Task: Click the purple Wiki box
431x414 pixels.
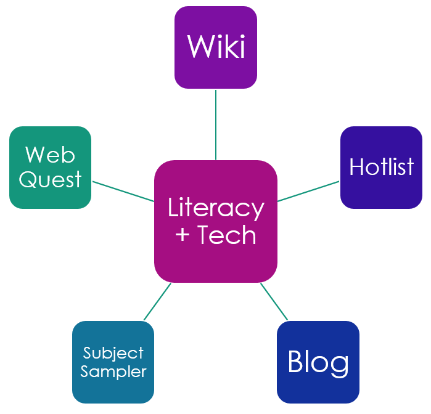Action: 216,47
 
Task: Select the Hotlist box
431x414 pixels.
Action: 381,168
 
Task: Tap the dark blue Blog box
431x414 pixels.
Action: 318,362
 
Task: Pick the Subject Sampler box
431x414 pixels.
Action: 113,362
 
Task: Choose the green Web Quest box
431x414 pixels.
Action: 50,168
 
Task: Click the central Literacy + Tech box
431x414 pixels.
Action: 216,222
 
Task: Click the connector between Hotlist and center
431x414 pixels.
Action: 308,191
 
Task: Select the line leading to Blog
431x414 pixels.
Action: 274,302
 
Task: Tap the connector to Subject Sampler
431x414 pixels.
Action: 157,302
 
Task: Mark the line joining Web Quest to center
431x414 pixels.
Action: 123,191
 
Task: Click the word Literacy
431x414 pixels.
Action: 216,208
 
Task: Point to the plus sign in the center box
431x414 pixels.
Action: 183,235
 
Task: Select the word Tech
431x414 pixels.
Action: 226,235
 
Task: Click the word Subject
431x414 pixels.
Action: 113,353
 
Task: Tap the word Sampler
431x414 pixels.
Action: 113,371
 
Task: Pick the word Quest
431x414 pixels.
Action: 50,180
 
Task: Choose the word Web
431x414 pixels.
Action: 50,154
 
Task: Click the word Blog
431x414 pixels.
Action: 318,362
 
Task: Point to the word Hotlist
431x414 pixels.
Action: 381,167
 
